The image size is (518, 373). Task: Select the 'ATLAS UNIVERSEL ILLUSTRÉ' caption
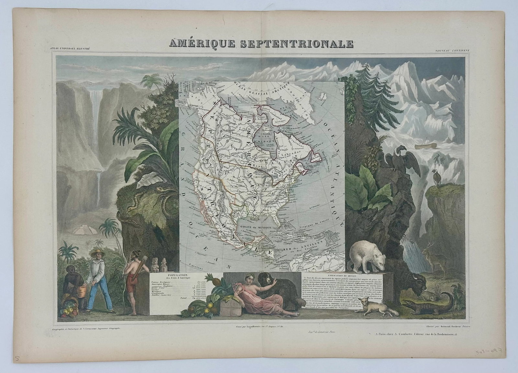[x=70, y=49]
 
